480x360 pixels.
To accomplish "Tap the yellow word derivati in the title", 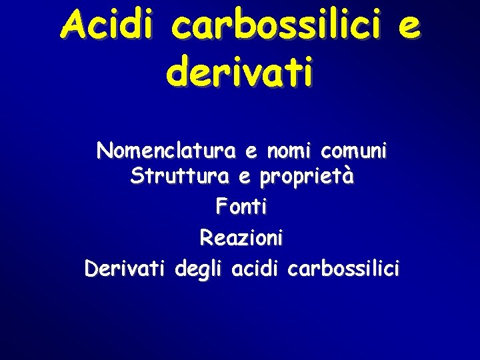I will [x=240, y=72].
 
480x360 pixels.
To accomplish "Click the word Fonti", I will [x=241, y=207].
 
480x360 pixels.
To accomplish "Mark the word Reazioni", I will [x=241, y=237].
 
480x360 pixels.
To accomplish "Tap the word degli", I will [x=198, y=270].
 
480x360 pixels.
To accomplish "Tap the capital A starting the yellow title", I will [x=71, y=26].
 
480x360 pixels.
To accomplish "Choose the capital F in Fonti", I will [x=221, y=207].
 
